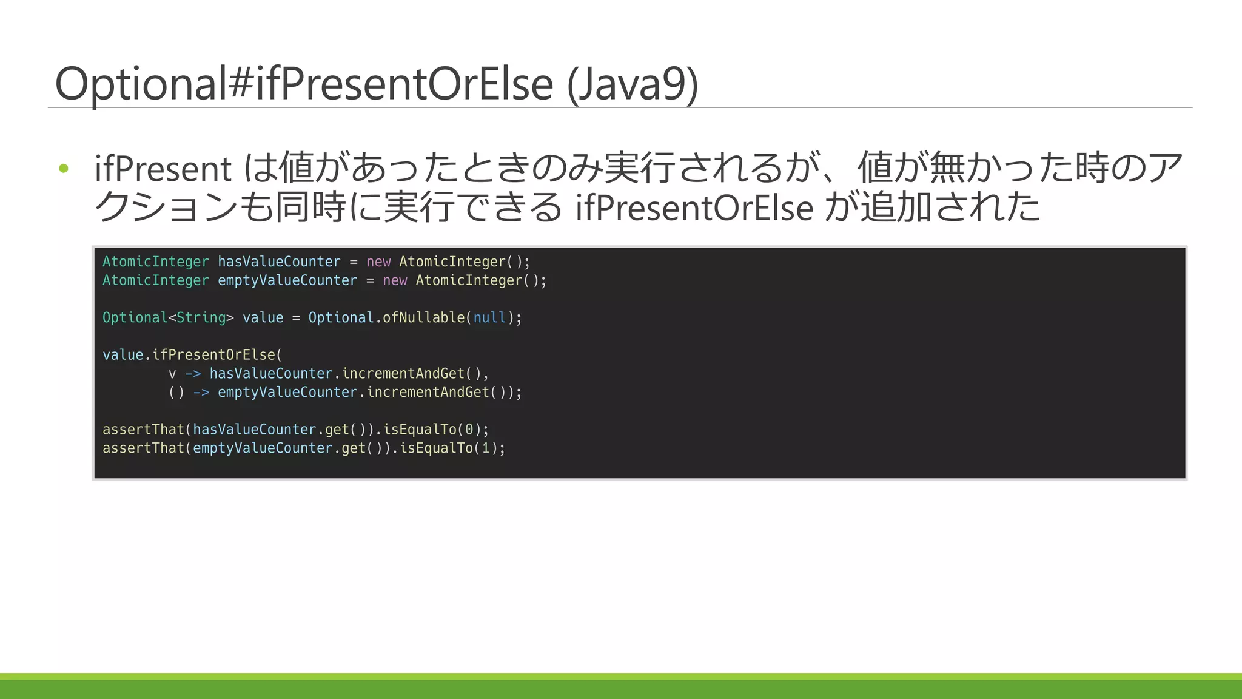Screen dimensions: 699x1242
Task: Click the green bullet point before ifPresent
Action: (x=64, y=168)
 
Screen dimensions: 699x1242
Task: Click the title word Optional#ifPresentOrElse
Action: (x=303, y=84)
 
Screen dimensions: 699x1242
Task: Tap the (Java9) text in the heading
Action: (x=633, y=84)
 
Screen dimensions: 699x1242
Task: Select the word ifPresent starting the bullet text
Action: (x=163, y=169)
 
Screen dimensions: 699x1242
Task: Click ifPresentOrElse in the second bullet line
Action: (x=694, y=208)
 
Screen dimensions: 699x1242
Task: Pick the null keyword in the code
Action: (x=489, y=317)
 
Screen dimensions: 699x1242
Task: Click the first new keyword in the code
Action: (x=378, y=262)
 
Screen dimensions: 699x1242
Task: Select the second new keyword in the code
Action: (x=395, y=280)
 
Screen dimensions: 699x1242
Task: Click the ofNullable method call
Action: (x=423, y=317)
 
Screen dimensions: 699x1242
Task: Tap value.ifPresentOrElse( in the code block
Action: (x=192, y=354)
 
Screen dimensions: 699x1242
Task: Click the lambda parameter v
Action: (x=172, y=373)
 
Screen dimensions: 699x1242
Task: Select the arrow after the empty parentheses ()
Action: (x=201, y=392)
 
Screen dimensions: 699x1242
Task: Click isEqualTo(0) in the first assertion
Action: (x=432, y=429)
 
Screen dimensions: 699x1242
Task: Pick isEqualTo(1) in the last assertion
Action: (x=448, y=448)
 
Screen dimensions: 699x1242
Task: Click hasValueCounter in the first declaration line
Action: (x=279, y=262)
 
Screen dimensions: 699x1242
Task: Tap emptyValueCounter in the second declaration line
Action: (x=287, y=280)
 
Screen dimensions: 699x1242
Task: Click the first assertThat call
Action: (x=143, y=429)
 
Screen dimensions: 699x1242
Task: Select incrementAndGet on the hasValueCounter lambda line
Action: (x=403, y=373)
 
